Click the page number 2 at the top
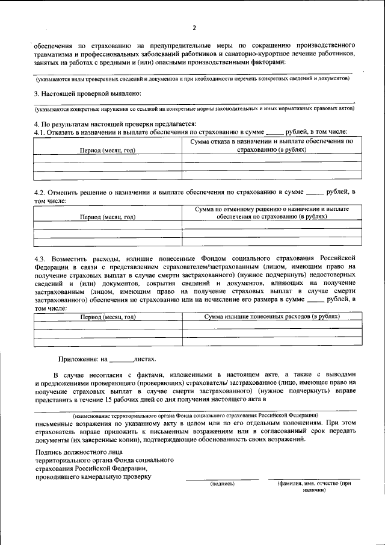pos(194,28)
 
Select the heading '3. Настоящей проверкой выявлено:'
pos(87,93)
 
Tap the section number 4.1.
pos(40,131)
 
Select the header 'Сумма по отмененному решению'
pos(272,208)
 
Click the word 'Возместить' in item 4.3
pos(75,258)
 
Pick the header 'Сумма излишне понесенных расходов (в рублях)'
pos(272,316)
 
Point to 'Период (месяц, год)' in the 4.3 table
pos(108,316)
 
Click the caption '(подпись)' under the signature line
pos(221,484)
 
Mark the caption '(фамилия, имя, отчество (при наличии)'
pos(313,487)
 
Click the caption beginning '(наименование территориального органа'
pos(196,416)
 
